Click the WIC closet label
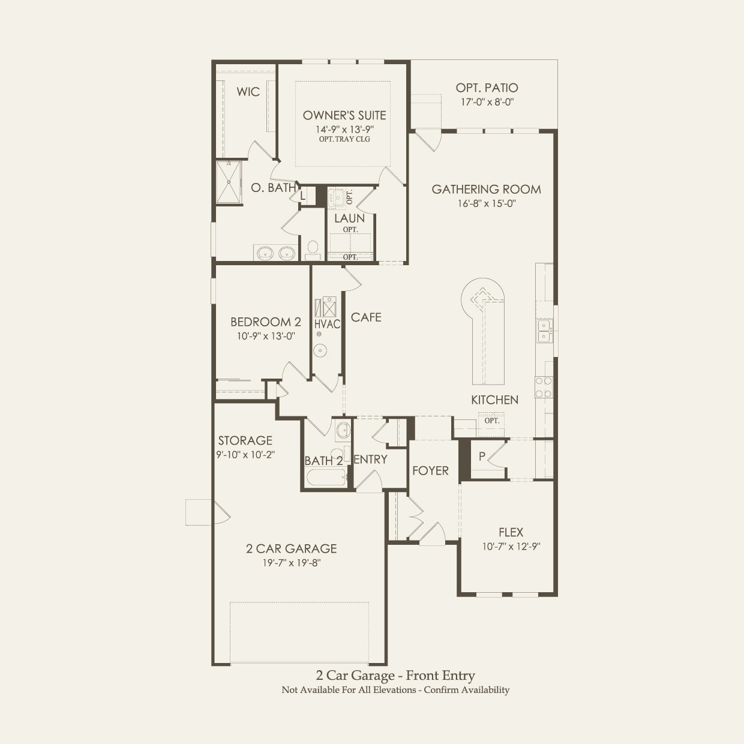point(248,92)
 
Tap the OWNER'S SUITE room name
point(344,115)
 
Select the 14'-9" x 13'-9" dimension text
point(344,129)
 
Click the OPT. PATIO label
point(487,88)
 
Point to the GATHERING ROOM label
point(486,190)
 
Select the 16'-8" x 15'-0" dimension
point(486,203)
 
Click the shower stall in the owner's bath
point(229,182)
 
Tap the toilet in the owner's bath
point(313,250)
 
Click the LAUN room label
point(350,218)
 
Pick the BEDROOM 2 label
point(266,322)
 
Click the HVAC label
point(327,325)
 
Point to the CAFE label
point(366,317)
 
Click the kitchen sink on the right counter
point(544,331)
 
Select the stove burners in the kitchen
point(544,387)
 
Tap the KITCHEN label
point(494,400)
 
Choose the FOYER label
point(430,471)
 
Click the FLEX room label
point(511,532)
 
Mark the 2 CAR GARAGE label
point(291,548)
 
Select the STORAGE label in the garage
point(245,440)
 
